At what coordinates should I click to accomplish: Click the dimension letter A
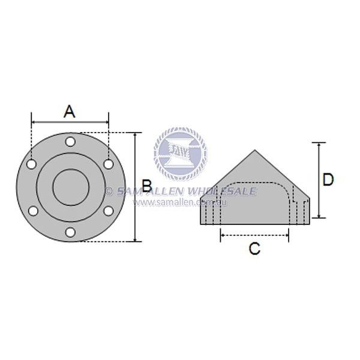coord(70,111)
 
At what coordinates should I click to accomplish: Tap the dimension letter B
coord(146,187)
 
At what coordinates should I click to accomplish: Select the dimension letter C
coord(254,248)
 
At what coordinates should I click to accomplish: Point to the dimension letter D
coord(328,179)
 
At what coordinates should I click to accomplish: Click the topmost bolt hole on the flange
coord(70,142)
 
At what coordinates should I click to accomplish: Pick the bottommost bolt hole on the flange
coord(70,232)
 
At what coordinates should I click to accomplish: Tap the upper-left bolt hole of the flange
coord(32,164)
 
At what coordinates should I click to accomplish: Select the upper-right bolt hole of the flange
coord(108,164)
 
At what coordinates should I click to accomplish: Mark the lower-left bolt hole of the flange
coord(32,211)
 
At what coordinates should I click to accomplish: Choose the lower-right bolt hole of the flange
coord(108,211)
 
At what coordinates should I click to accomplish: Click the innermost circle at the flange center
coord(70,187)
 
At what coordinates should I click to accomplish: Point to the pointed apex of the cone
coord(255,150)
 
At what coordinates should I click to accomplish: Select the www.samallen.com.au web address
coord(180,203)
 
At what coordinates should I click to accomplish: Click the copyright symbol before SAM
coord(109,191)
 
